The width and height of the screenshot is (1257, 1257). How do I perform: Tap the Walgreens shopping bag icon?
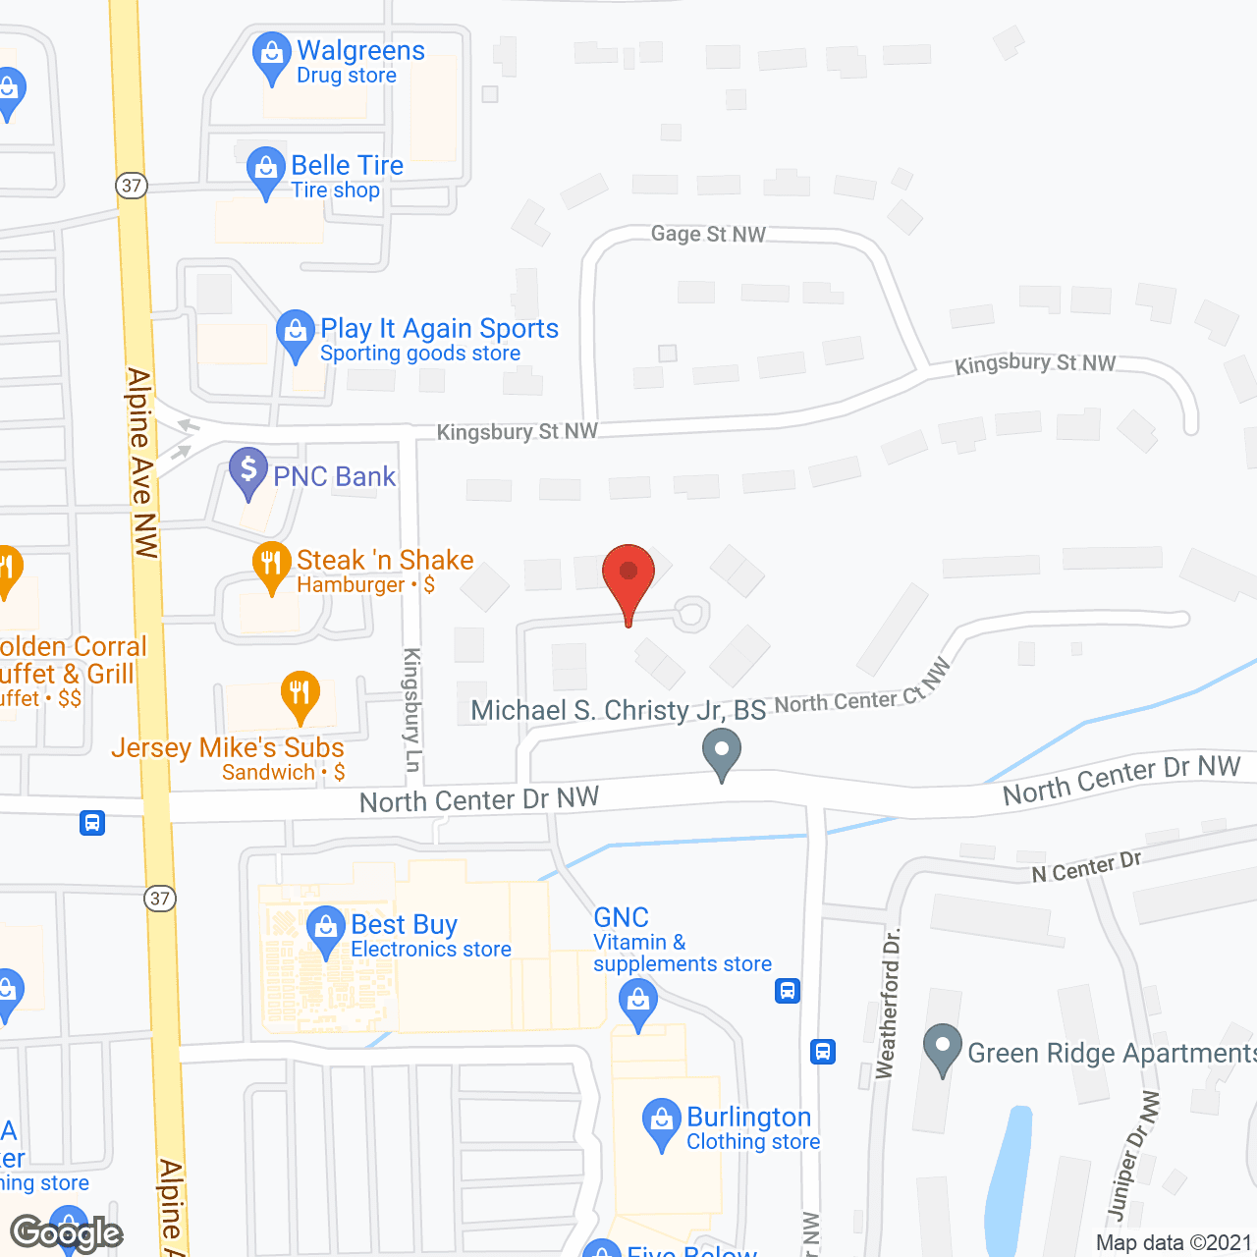pos(270,56)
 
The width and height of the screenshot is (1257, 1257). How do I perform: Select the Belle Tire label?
pos(347,165)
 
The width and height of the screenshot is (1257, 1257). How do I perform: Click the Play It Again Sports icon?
pos(295,333)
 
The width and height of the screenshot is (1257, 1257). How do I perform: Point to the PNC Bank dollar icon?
pos(248,470)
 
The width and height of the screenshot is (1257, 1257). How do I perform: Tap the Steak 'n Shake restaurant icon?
pos(272,565)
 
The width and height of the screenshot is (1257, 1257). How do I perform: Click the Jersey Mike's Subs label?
pos(228,748)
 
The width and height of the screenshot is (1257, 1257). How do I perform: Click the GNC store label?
pos(621,917)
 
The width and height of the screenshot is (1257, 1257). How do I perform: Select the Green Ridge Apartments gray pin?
pos(943,1048)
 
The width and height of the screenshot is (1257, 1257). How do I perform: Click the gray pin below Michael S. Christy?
pos(722,753)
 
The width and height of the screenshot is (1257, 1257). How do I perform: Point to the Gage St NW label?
pos(708,234)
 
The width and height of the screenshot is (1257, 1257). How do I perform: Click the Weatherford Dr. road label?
pos(887,1003)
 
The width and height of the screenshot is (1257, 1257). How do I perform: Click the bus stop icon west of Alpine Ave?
pos(92,822)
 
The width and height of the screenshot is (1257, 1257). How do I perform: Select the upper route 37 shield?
pos(132,186)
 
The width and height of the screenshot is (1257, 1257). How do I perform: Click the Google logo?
pos(66,1232)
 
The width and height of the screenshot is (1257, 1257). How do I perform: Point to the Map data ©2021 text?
pos(1174,1242)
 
